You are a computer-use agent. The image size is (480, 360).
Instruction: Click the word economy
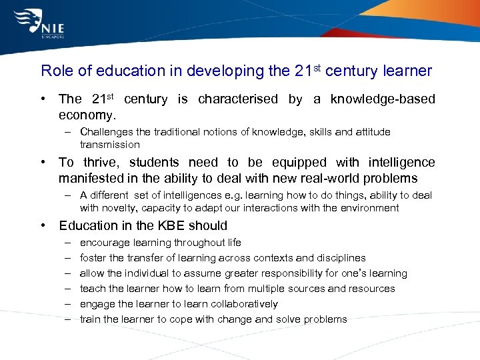(85, 115)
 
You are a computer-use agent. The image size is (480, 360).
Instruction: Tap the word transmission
(110, 144)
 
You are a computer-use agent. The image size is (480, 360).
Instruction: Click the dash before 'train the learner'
(69, 319)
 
